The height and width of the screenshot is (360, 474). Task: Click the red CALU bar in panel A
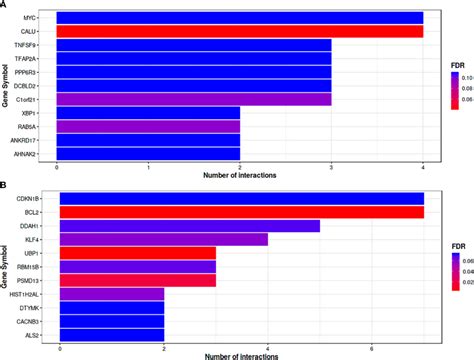tap(240, 31)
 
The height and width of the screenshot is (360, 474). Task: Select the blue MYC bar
tap(240, 17)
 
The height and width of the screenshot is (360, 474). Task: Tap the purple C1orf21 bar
tap(194, 98)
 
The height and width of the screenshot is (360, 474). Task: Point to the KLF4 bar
tap(164, 240)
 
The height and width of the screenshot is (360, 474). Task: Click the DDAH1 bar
tap(190, 226)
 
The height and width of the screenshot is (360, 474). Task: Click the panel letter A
tap(5, 5)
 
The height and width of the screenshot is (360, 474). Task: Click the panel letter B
tap(5, 185)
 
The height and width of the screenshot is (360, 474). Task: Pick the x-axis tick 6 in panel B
tap(371, 348)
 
